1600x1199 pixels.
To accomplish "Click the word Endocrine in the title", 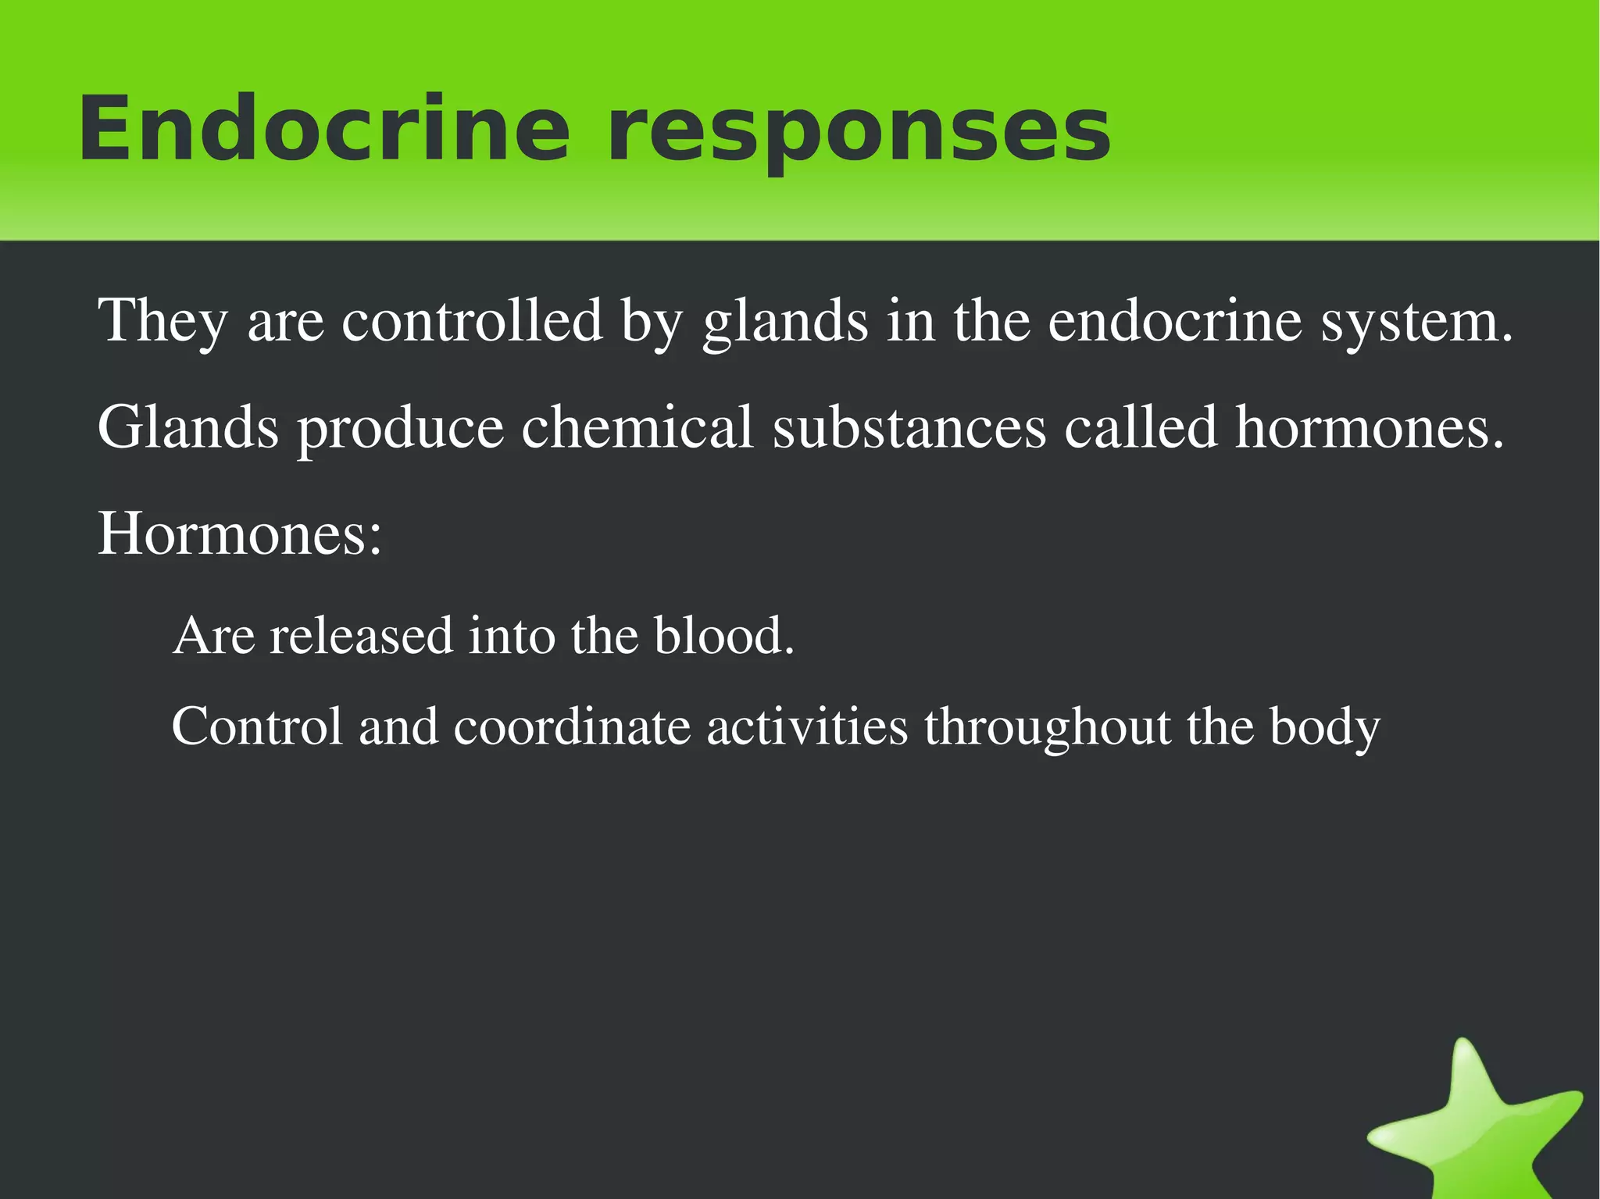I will [x=324, y=129].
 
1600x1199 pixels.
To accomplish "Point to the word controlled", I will [x=472, y=320].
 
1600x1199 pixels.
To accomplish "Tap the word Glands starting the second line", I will [x=187, y=427].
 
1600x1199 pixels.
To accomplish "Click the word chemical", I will [x=637, y=427].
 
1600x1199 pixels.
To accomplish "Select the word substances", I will [x=909, y=427].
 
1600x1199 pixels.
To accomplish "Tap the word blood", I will [x=723, y=635].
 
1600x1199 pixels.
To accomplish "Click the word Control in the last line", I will [x=257, y=726].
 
